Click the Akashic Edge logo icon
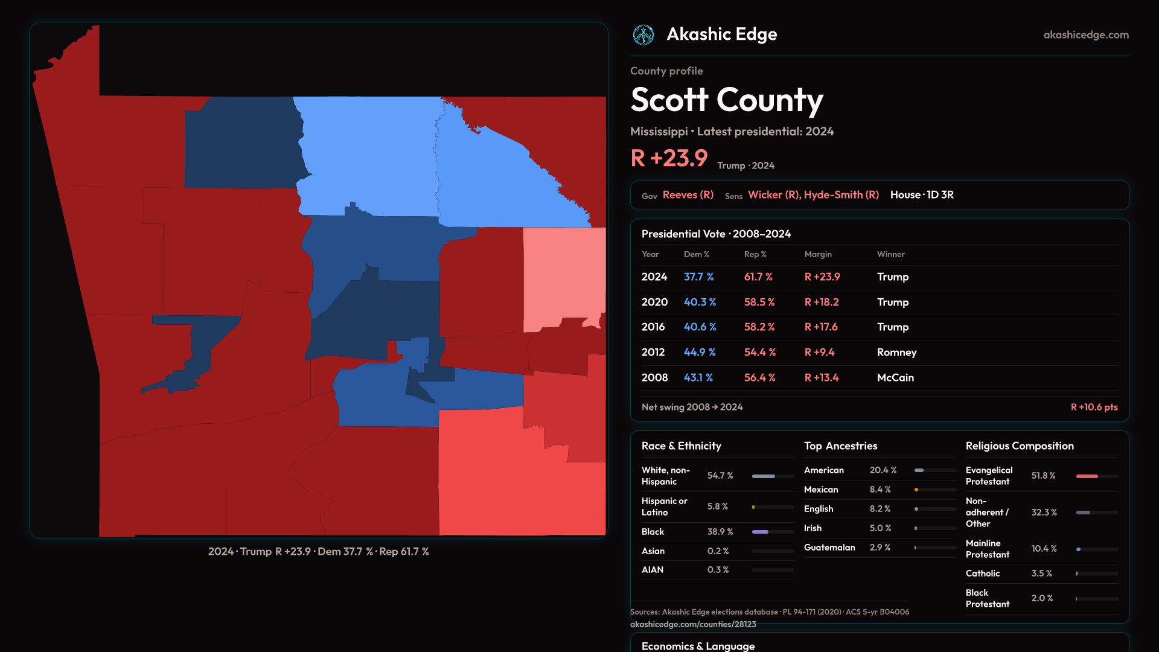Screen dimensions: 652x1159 tap(643, 35)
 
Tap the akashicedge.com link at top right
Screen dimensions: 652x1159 tap(1085, 35)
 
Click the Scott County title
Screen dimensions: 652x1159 tap(726, 100)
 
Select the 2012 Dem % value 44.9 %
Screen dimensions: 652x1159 tap(699, 352)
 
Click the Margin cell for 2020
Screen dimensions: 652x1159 tap(821, 302)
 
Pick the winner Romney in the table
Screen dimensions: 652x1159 tap(896, 352)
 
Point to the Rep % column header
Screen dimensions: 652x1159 tap(755, 254)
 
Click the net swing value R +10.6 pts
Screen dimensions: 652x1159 tap(1093, 407)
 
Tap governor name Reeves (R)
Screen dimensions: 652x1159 tap(688, 195)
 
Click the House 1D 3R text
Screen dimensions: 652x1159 tap(922, 195)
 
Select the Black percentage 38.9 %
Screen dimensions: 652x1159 tap(720, 532)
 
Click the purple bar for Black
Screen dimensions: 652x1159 tap(760, 532)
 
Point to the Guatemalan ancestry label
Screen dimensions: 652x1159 tap(829, 548)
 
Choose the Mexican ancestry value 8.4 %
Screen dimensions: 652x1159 tap(880, 490)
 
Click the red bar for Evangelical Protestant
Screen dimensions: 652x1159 tap(1087, 476)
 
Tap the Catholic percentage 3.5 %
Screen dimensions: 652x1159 tap(1041, 574)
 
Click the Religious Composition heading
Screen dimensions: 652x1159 tap(1019, 446)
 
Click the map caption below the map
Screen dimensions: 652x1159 tap(318, 552)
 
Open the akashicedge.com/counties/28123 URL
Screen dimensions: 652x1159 tap(692, 624)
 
